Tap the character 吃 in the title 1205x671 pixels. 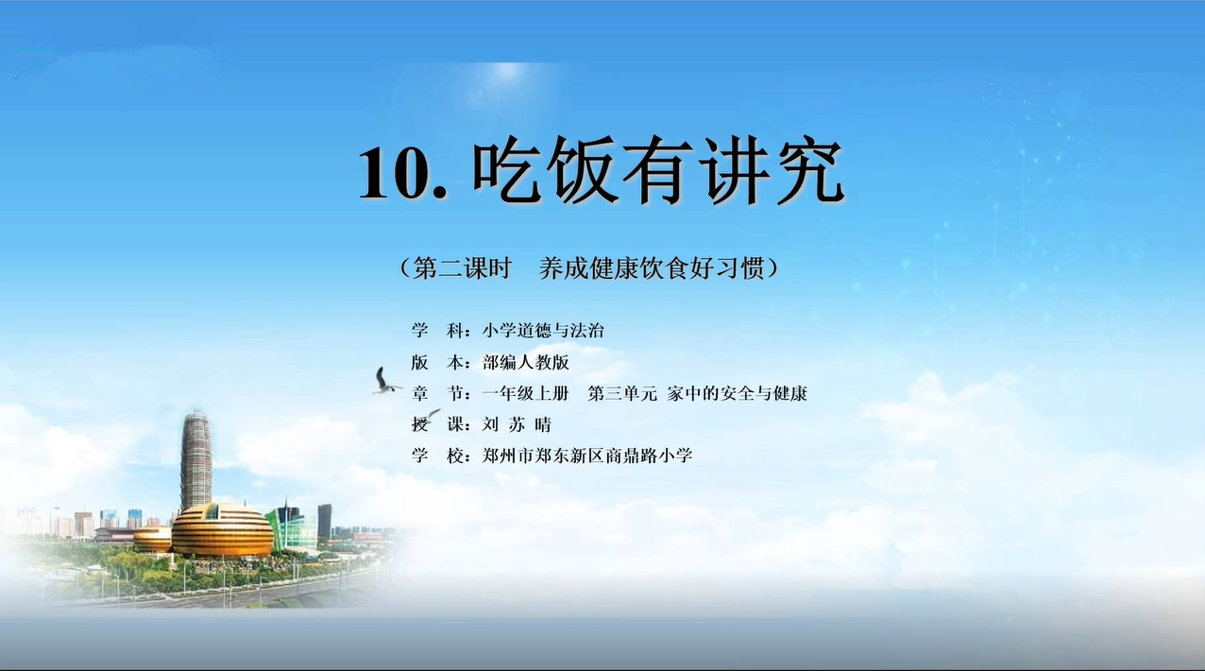(x=507, y=169)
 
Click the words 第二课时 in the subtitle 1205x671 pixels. (x=462, y=267)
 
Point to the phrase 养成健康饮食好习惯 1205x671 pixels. (x=652, y=267)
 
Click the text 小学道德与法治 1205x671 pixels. (x=543, y=330)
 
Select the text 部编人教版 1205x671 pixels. (x=526, y=362)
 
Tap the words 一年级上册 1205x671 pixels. (x=525, y=394)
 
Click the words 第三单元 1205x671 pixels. (x=622, y=394)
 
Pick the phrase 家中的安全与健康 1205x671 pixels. (x=737, y=394)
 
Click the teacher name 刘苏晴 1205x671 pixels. (x=517, y=425)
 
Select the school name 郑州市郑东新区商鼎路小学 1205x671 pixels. (x=586, y=456)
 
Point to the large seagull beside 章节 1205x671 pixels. (x=384, y=381)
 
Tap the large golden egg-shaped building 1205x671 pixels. (x=222, y=529)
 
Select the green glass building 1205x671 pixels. (x=292, y=529)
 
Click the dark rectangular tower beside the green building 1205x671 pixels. (x=324, y=522)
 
